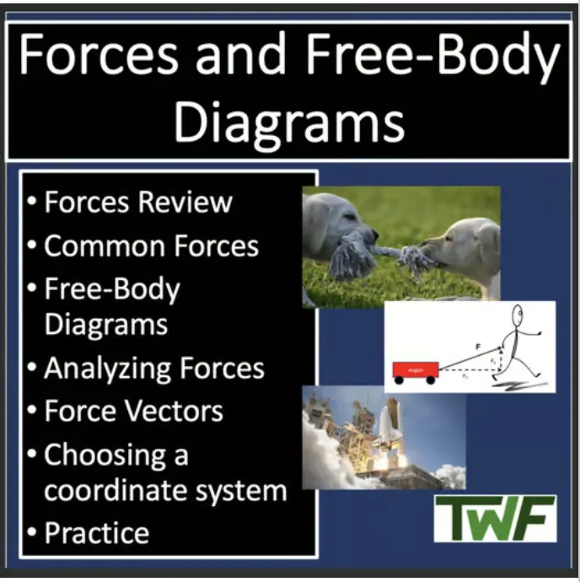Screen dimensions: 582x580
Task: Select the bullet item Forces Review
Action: (137, 202)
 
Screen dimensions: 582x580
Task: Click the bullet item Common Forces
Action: (151, 246)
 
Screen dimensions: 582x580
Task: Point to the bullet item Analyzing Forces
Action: (153, 369)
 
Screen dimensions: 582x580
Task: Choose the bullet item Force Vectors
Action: (133, 411)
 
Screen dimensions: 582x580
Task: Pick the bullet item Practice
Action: (96, 533)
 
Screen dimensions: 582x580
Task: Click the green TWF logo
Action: (495, 517)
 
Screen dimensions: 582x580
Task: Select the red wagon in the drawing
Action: (415, 369)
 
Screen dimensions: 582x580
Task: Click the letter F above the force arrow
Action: (477, 345)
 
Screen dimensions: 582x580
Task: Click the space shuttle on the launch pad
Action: (390, 429)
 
